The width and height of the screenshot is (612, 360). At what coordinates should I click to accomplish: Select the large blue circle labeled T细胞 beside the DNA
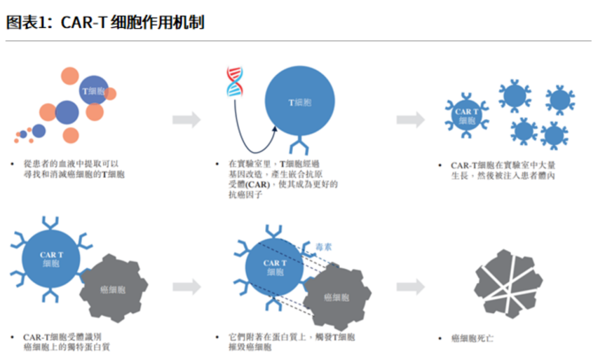pyautogui.click(x=299, y=103)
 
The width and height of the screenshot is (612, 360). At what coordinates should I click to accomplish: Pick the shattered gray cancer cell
pyautogui.click(x=508, y=282)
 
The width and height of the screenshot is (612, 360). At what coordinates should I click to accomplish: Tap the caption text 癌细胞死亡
pyautogui.click(x=472, y=338)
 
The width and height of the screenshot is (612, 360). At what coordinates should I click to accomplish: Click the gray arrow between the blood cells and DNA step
pyautogui.click(x=186, y=119)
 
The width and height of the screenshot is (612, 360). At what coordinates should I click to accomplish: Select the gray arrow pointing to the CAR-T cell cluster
pyautogui.click(x=410, y=119)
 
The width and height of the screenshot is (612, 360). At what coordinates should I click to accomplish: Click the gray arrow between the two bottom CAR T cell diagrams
pyautogui.click(x=186, y=287)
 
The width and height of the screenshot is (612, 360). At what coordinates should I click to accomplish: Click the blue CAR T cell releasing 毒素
pyautogui.click(x=275, y=267)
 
